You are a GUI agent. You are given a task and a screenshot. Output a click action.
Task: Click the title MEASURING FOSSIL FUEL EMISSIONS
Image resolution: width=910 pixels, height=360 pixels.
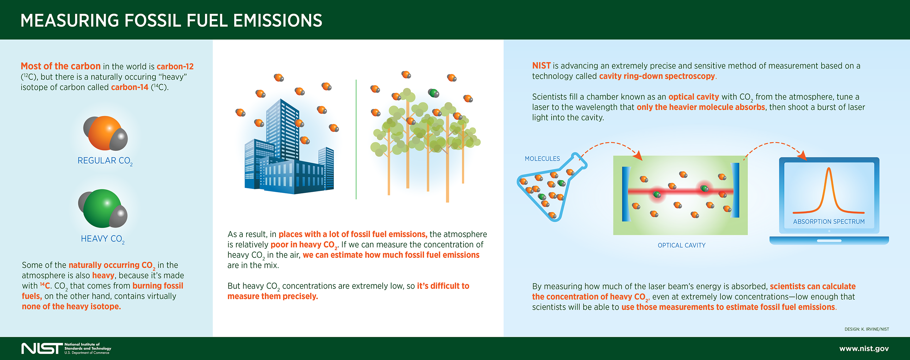tap(171, 21)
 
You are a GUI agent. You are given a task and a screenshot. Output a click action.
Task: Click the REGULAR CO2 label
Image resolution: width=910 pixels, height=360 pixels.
tap(105, 161)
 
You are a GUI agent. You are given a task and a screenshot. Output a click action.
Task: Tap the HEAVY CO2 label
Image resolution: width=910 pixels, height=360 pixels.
tap(102, 239)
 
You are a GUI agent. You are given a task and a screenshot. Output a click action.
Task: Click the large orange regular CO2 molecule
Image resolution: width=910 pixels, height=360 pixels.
tap(105, 133)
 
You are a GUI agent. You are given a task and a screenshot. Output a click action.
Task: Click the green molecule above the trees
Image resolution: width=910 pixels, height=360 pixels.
tap(434, 93)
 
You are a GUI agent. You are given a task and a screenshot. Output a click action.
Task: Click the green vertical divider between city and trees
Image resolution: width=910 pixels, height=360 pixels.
tap(356, 141)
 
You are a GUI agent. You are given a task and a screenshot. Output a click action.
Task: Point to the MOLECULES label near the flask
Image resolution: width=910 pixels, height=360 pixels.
tap(542, 159)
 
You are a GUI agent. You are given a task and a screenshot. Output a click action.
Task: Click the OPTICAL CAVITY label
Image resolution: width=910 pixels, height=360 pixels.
tap(681, 245)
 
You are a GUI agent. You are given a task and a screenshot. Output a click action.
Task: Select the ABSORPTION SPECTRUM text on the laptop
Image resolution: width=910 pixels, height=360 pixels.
tap(828, 222)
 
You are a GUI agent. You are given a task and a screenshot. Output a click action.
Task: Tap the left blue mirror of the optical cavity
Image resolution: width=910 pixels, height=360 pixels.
tap(626, 194)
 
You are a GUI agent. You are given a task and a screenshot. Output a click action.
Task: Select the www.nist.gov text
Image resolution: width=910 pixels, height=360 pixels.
tap(864, 348)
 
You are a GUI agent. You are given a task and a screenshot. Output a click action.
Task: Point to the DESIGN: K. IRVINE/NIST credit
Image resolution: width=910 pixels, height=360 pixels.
tap(866, 329)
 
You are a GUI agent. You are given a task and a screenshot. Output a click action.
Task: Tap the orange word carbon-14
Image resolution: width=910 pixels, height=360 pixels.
tap(130, 87)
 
